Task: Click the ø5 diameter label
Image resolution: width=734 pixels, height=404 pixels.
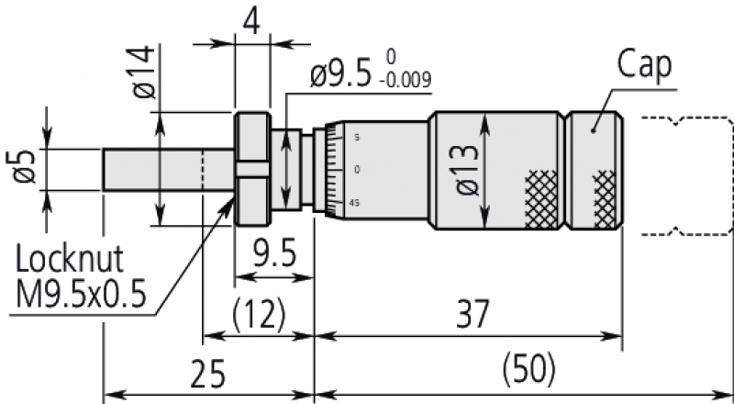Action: coord(25,166)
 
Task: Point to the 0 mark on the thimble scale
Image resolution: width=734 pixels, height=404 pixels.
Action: coord(356,170)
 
